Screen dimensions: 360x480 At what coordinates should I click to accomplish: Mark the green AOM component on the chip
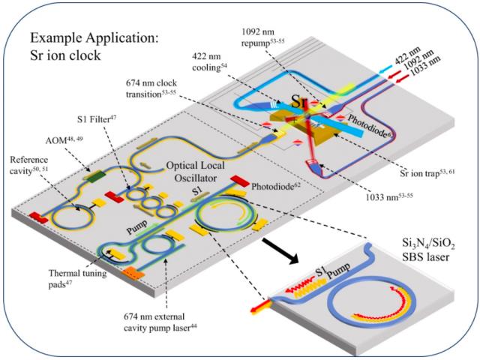95,177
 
